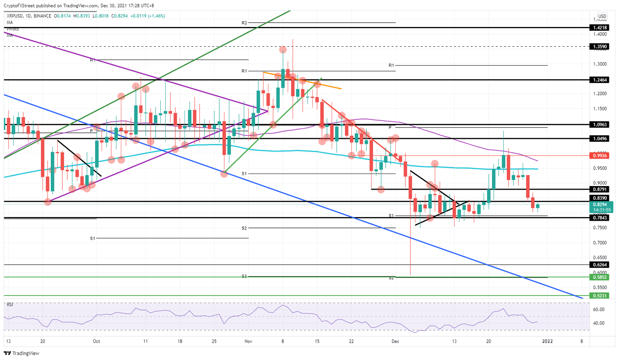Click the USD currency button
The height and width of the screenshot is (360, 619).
tap(602, 17)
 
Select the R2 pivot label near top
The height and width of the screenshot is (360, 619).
tap(244, 23)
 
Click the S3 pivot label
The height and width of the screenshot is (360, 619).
tap(244, 276)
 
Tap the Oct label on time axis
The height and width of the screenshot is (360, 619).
tap(96, 341)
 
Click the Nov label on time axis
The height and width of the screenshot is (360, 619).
tap(248, 341)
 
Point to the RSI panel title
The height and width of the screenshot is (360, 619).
tap(10, 304)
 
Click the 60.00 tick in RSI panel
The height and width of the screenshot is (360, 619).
tap(599, 310)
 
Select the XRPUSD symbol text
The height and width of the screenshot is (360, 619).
tap(15, 16)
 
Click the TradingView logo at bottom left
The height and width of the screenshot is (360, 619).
tap(22, 353)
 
